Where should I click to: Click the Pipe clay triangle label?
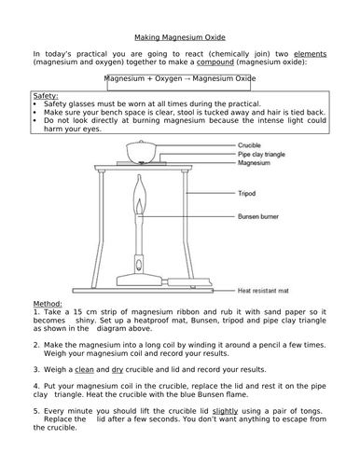[262, 155]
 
